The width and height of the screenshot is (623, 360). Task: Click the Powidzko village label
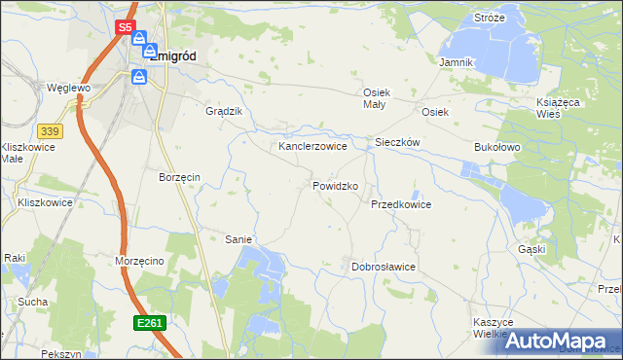click(x=336, y=185)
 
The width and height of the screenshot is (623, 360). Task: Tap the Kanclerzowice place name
click(x=312, y=146)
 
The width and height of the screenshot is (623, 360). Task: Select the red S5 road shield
click(x=126, y=28)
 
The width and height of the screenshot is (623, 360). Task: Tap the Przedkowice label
click(x=400, y=205)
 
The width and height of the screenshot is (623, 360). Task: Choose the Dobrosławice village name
click(x=384, y=266)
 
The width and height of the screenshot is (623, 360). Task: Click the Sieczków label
click(x=397, y=142)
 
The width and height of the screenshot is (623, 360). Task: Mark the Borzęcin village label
click(x=179, y=177)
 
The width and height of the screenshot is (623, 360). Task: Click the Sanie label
click(x=238, y=239)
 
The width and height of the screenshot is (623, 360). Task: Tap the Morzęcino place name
click(x=145, y=263)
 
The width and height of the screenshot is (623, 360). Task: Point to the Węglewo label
click(x=68, y=88)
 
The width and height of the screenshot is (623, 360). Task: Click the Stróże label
click(x=489, y=18)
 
